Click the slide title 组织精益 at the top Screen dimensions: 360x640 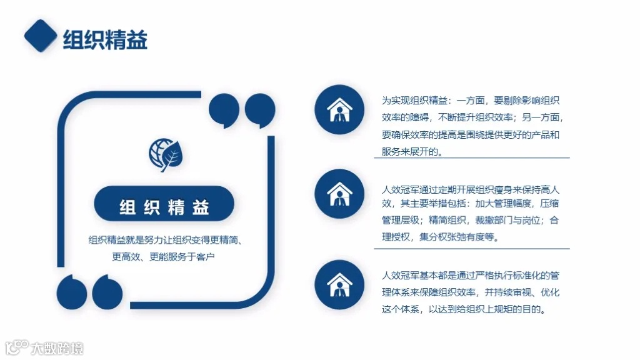[x=105, y=40]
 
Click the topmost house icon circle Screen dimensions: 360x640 [x=339, y=109]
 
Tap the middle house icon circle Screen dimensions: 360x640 [x=339, y=194]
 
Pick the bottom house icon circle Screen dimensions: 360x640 [x=339, y=284]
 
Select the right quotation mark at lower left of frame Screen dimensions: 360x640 [x=107, y=290]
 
